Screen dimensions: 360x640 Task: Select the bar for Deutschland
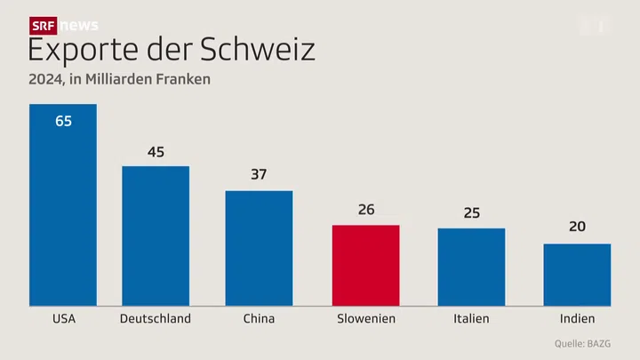click(156, 236)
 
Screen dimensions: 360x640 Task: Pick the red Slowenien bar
click(365, 265)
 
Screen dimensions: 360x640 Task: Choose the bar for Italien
click(471, 267)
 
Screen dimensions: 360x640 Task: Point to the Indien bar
click(577, 274)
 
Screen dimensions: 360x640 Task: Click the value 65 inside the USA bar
click(63, 121)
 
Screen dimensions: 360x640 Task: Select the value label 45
click(156, 152)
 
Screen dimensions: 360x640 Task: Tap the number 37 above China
click(259, 175)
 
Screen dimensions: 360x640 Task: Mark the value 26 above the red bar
click(365, 210)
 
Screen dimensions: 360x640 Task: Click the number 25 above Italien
click(471, 213)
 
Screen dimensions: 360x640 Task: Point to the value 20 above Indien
click(577, 228)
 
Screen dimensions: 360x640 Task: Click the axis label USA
click(63, 318)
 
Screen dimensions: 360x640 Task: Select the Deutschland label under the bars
click(156, 318)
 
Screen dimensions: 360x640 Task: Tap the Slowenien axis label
click(365, 318)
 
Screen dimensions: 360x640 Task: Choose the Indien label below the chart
click(577, 318)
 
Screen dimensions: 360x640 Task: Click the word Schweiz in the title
click(259, 50)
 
